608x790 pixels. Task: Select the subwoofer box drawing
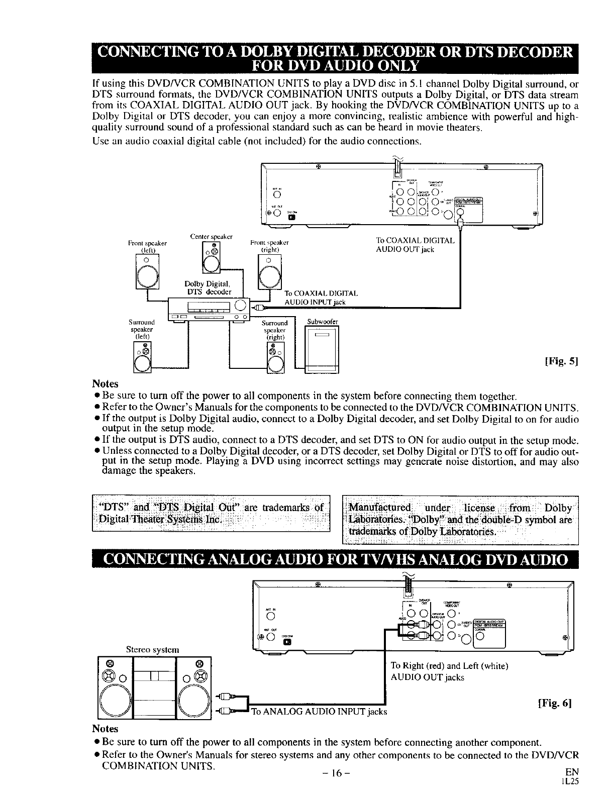pos(323,350)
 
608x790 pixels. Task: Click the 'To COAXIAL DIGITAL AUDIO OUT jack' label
pos(415,245)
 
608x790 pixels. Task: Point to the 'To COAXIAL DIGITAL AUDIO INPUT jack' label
pos(321,298)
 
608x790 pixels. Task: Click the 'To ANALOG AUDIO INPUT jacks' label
pos(319,711)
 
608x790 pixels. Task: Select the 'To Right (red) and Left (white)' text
pos(450,666)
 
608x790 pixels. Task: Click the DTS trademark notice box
pos(210,512)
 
